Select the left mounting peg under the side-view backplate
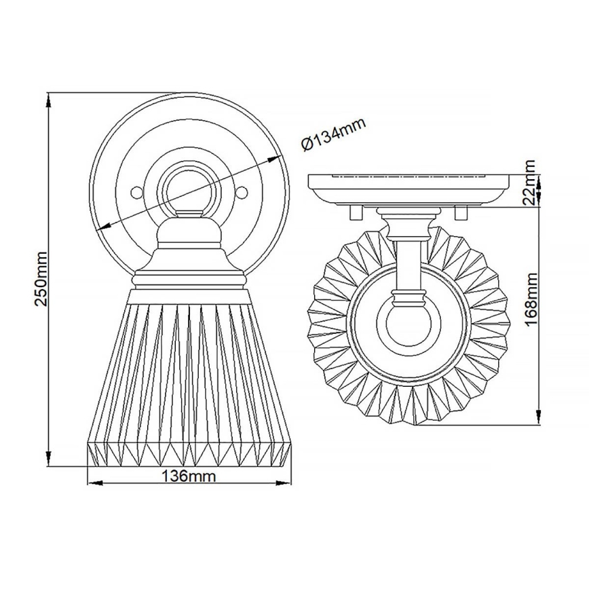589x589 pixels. [x=354, y=212]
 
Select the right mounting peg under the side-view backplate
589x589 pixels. [x=462, y=212]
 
